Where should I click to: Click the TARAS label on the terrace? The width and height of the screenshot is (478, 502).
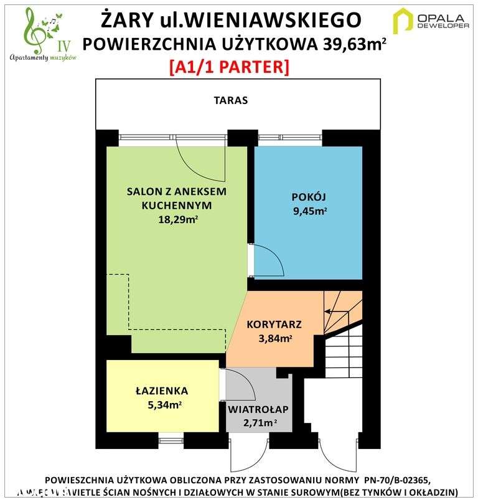230,100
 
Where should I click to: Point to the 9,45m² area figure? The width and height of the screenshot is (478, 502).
309,211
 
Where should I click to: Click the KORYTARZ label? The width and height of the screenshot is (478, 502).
274,324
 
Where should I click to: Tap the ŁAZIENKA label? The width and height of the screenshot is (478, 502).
162,391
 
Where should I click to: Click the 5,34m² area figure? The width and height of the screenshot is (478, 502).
162,405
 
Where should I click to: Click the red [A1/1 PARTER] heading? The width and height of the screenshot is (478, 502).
229,67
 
